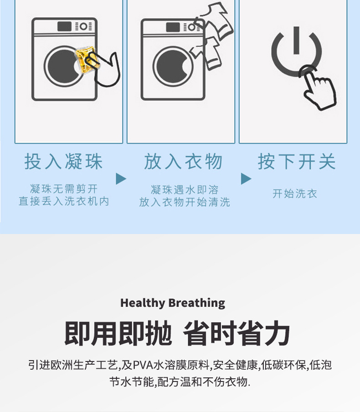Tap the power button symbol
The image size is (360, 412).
click(296, 50)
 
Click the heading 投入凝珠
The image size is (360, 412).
click(64, 162)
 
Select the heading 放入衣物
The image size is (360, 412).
click(184, 162)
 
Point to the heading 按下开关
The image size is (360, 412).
click(297, 162)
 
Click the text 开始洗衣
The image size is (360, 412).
click(295, 193)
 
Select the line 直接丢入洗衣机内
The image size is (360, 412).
click(64, 201)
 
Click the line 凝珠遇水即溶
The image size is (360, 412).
click(185, 189)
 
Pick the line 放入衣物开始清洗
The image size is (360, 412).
click(185, 202)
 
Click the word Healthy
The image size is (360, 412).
click(142, 303)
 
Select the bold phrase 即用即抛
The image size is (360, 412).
click(118, 334)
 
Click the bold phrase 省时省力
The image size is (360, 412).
click(237, 334)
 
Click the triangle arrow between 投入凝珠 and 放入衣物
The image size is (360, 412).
click(121, 178)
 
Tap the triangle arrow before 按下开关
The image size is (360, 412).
click(246, 178)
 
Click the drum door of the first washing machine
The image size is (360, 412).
click(64, 66)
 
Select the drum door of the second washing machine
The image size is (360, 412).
click(172, 66)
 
